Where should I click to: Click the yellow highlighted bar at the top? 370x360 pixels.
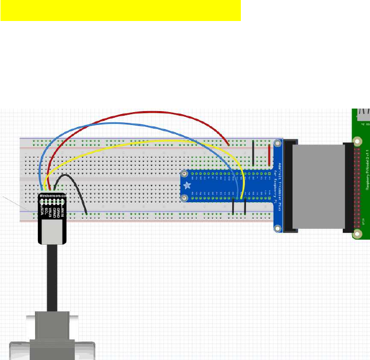pos(120,11)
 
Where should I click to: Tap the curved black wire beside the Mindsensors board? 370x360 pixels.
pos(77,192)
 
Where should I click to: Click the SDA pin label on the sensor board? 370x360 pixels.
pos(44,213)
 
